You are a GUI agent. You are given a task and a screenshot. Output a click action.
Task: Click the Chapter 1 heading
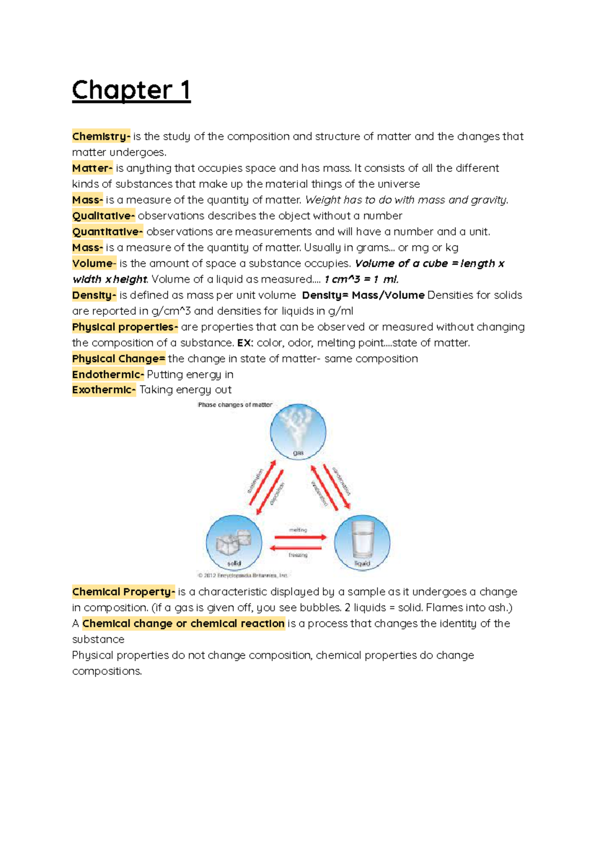[131, 91]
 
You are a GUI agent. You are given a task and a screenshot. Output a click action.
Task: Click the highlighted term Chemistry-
[101, 136]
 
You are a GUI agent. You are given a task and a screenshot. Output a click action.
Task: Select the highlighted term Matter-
[92, 168]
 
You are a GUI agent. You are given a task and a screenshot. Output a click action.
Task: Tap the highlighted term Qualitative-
[103, 216]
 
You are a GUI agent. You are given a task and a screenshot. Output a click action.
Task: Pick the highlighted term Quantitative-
[107, 232]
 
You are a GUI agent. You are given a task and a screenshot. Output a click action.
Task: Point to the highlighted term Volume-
[94, 263]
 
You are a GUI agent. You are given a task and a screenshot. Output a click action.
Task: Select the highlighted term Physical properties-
[125, 327]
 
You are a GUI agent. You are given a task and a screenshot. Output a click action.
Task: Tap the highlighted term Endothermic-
[108, 374]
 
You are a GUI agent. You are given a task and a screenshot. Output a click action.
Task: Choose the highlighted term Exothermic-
[103, 390]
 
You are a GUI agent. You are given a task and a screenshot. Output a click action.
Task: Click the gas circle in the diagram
[298, 431]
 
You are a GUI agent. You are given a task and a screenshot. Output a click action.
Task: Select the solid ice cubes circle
[234, 543]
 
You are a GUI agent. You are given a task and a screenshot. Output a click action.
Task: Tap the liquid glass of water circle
[362, 543]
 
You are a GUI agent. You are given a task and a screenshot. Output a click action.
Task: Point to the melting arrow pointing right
[300, 537]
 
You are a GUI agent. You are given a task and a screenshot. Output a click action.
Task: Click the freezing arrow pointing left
[296, 548]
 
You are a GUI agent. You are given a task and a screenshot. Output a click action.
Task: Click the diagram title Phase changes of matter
[235, 405]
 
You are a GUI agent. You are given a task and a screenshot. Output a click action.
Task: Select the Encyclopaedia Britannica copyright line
[243, 575]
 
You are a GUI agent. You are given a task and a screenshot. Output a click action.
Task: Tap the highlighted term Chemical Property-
[123, 592]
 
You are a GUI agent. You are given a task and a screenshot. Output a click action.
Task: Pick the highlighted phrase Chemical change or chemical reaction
[184, 623]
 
